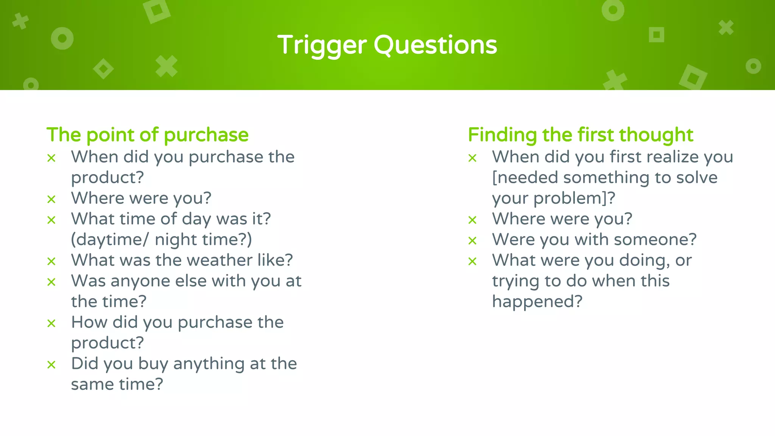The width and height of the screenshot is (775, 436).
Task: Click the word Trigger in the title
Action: point(322,45)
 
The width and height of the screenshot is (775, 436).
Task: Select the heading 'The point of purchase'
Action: point(147,135)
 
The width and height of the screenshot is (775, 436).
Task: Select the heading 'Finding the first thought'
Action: point(580,135)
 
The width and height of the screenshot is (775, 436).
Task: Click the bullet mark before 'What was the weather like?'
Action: point(51,261)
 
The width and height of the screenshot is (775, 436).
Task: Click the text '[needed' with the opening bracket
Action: point(525,178)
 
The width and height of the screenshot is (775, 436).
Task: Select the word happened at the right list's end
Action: point(537,302)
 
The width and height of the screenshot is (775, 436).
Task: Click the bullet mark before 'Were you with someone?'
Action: point(472,241)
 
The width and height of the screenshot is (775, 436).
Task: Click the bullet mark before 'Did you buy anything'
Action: point(51,365)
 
